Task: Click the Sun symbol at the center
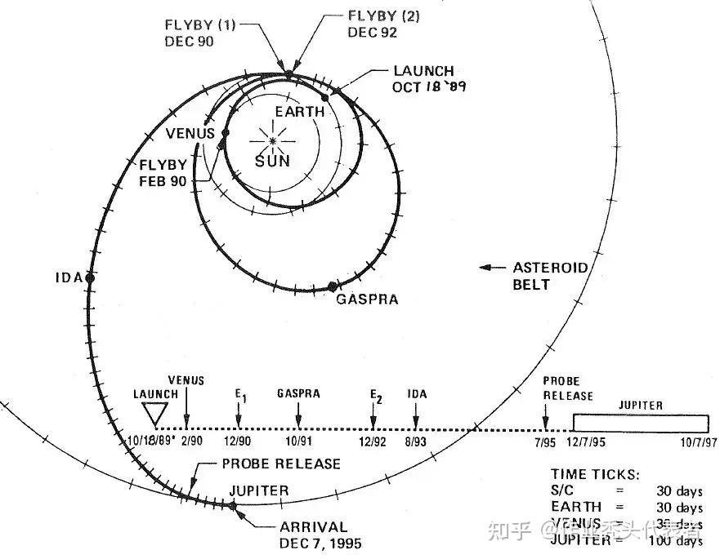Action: click(272, 140)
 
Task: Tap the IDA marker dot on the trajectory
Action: click(90, 277)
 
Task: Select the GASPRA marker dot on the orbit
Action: click(332, 286)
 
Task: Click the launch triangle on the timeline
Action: click(154, 413)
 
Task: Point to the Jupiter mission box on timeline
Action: click(641, 423)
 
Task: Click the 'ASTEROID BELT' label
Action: click(550, 276)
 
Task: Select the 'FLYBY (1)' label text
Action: click(200, 24)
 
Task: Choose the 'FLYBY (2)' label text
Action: click(382, 16)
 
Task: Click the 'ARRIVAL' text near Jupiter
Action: click(313, 527)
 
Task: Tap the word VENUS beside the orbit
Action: click(190, 134)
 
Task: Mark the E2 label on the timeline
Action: click(376, 396)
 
